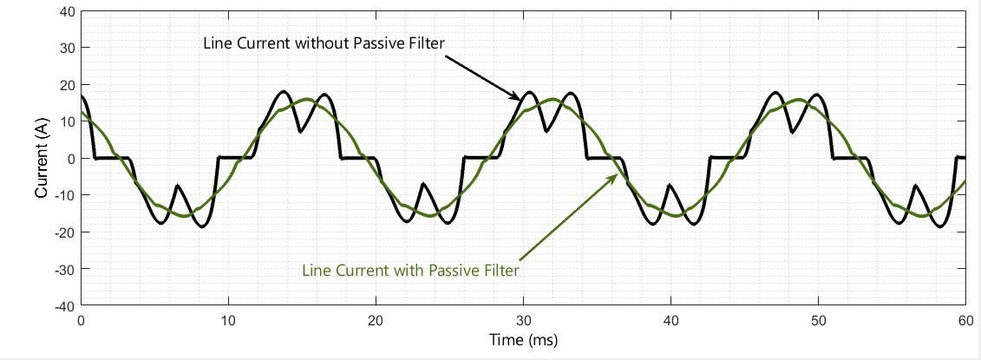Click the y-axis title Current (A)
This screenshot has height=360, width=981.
40,159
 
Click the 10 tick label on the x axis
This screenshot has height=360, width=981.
228,320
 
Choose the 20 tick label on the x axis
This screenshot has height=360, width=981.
376,320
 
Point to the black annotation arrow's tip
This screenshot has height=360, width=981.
521,101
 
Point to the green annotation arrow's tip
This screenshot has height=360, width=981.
618,174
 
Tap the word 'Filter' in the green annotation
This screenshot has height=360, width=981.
500,271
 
